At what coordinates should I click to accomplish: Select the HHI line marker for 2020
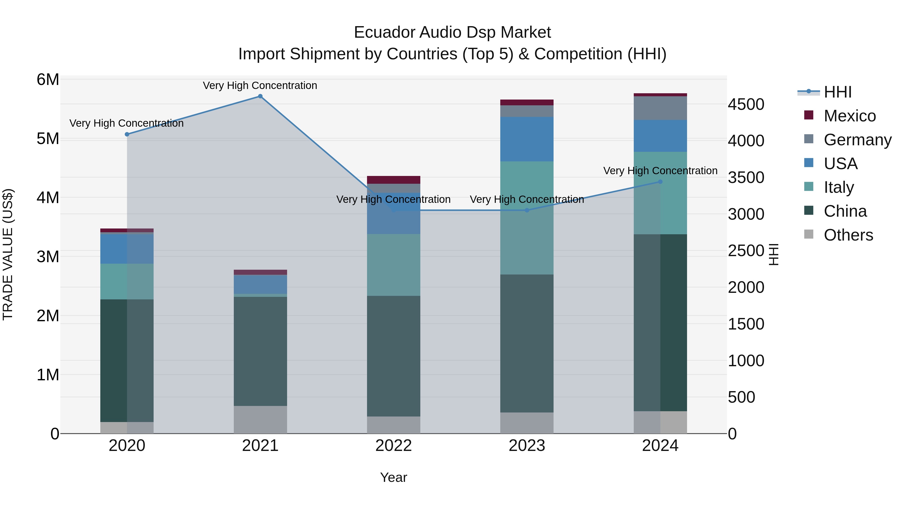(127, 134)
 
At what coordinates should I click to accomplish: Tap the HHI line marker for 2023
(527, 210)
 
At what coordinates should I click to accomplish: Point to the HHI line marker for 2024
(660, 182)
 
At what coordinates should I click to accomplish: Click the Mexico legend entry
(849, 116)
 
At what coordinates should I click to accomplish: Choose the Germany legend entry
(857, 140)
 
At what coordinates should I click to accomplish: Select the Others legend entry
(848, 235)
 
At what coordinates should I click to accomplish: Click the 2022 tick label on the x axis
(393, 445)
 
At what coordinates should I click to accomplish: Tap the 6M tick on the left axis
(48, 79)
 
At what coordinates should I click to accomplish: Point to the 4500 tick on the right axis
(746, 104)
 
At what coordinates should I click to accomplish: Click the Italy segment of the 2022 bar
(393, 265)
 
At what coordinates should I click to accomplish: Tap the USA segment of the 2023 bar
(527, 139)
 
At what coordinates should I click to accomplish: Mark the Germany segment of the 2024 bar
(660, 108)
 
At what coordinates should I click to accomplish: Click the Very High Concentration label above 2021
(260, 85)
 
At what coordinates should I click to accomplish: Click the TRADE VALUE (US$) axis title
(8, 254)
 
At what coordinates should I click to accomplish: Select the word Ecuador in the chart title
(384, 32)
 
